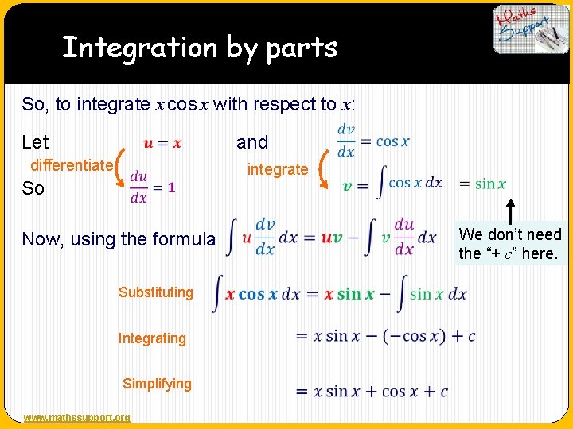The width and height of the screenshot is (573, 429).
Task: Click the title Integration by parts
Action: tap(200, 48)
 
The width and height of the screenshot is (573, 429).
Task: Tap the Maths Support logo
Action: tap(531, 29)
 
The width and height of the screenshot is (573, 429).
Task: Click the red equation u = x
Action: tap(162, 143)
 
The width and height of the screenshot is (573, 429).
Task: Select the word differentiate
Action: tap(71, 165)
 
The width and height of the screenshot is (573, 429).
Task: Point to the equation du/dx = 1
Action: tap(153, 187)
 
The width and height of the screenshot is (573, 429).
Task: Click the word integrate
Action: tap(277, 168)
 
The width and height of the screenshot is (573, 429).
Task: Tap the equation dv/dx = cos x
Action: tap(372, 141)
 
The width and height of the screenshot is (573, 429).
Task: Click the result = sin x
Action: tap(482, 184)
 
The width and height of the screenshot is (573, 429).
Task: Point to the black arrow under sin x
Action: tap(509, 211)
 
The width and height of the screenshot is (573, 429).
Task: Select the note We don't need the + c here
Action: tap(510, 244)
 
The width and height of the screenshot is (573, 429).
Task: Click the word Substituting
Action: tap(156, 292)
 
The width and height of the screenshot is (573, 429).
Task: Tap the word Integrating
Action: tap(152, 338)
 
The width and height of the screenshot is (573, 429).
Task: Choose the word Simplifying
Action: tap(157, 384)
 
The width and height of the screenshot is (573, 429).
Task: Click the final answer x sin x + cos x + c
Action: tap(372, 392)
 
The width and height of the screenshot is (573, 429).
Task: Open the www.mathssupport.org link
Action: tap(77, 418)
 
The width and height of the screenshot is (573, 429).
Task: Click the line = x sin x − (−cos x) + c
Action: tap(385, 336)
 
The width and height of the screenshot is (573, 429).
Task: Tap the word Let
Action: tap(36, 142)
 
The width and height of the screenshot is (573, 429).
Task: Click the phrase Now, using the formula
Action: tap(119, 239)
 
